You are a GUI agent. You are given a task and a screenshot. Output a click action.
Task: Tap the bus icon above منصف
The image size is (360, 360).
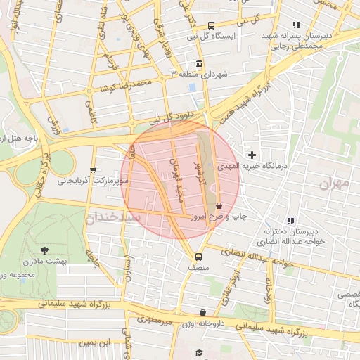198,257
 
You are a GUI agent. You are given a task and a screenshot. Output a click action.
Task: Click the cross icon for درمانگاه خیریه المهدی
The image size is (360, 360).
252,154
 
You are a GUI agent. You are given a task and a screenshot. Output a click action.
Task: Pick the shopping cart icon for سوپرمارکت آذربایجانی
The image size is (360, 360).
93,170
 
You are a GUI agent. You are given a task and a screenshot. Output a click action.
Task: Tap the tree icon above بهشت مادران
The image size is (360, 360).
45,250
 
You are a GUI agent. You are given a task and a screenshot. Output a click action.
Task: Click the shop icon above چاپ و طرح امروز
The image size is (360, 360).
219,205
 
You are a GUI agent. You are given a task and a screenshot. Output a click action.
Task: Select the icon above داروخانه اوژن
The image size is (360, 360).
202,313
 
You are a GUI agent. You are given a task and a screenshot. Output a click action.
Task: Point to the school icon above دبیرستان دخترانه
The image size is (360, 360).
291,221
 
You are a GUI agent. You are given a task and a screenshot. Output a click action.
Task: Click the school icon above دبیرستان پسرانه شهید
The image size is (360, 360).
295,25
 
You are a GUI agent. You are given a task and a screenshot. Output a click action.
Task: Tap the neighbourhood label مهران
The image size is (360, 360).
333,184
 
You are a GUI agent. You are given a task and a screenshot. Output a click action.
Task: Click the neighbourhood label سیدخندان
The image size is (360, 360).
112,217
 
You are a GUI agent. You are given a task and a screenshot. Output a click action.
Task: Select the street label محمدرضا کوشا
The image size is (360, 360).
126,84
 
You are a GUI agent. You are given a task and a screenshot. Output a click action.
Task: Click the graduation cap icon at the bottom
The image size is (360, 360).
199,353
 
